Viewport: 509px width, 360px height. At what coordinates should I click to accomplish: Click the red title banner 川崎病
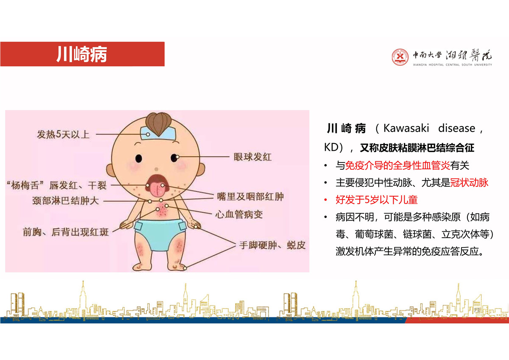(x=82, y=54)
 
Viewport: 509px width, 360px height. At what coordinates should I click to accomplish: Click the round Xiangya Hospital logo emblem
(x=400, y=57)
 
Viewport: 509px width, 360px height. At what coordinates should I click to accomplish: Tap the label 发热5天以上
(x=63, y=135)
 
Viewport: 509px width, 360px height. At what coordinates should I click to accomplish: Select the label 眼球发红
(x=252, y=157)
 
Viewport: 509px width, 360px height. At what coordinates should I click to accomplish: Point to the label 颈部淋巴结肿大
(x=65, y=201)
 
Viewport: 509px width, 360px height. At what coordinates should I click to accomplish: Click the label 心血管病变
(x=239, y=214)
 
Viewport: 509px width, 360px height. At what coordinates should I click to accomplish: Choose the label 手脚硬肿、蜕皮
(x=272, y=245)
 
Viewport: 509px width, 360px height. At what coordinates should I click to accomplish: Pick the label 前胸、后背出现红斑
(x=66, y=232)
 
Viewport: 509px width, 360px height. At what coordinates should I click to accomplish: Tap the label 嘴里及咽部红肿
(x=250, y=197)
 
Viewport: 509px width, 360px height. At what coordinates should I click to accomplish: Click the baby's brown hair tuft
(x=158, y=123)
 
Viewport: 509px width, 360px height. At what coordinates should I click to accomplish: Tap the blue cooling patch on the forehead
(x=158, y=133)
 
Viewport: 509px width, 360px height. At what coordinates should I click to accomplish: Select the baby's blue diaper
(x=160, y=234)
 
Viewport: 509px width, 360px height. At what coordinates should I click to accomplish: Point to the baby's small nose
(x=157, y=169)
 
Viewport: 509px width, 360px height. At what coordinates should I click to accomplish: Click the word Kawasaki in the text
(x=406, y=128)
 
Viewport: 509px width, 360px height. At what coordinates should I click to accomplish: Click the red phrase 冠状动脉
(x=469, y=183)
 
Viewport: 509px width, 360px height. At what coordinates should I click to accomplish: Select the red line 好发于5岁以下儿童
(x=377, y=200)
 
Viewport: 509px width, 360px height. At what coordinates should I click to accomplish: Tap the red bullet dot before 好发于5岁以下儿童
(x=326, y=200)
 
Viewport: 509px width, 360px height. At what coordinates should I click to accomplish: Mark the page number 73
(x=477, y=310)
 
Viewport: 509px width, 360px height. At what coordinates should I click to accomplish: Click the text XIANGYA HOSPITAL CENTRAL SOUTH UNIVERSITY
(x=453, y=65)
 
